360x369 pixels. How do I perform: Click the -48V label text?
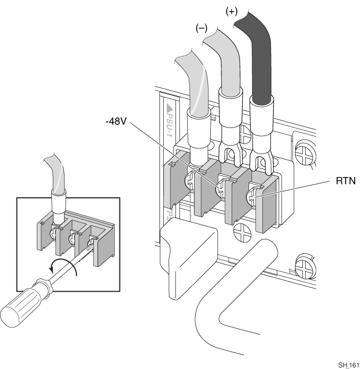[x=116, y=122]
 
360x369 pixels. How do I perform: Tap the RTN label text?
[x=346, y=181]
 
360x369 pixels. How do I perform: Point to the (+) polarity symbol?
[x=231, y=11]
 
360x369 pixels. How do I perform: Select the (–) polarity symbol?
[x=202, y=28]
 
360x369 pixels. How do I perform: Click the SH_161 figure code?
[x=349, y=365]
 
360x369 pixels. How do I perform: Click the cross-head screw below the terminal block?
[x=243, y=231]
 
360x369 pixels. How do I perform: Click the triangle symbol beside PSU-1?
[x=170, y=108]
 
